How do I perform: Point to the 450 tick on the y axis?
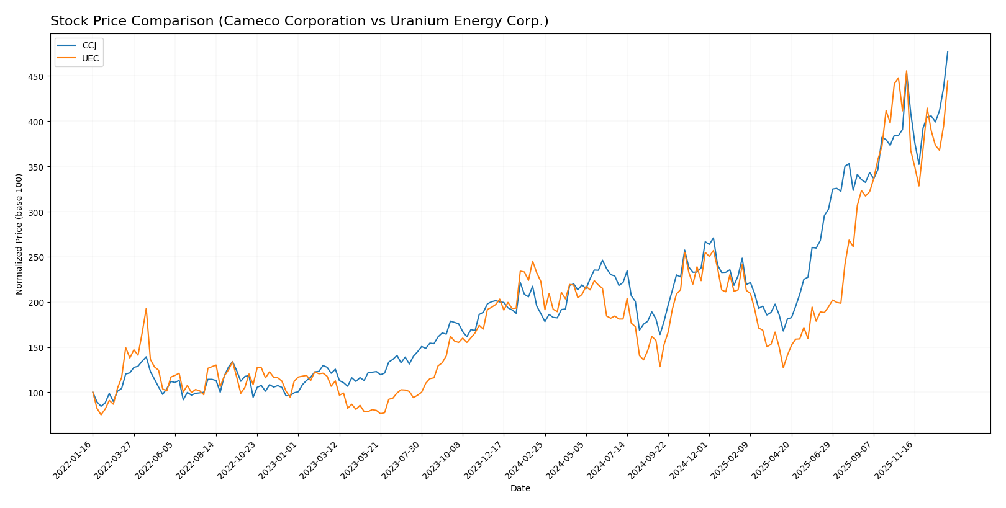(38, 77)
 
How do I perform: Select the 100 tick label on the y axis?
(38, 393)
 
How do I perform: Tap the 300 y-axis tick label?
(38, 212)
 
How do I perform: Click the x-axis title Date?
(520, 489)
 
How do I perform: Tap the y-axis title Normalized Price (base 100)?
(19, 234)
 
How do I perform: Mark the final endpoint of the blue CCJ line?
(948, 51)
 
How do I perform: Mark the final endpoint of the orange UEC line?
(948, 81)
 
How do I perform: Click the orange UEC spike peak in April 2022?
(146, 308)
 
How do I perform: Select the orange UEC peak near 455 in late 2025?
(907, 71)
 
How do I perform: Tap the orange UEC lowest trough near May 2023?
(380, 414)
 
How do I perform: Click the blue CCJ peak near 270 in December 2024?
(713, 238)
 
